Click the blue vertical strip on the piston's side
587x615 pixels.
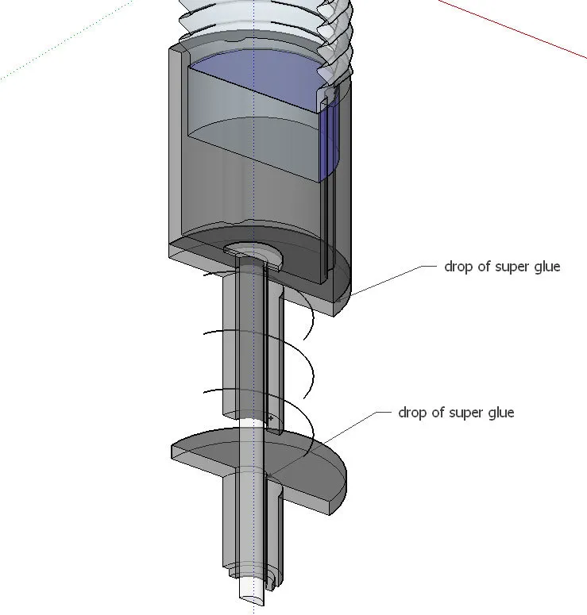click(329, 143)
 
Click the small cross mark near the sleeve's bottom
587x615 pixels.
click(271, 417)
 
